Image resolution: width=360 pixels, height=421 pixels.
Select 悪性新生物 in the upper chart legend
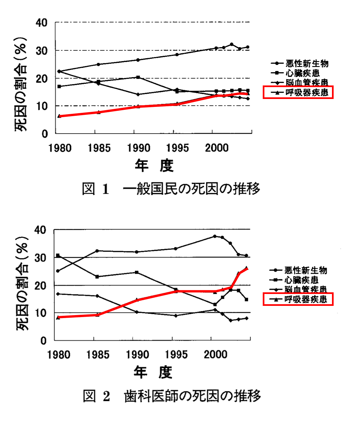tap(307, 63)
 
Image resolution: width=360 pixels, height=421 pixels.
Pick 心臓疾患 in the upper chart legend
tap(302, 73)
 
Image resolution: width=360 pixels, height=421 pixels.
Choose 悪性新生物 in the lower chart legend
tap(306, 270)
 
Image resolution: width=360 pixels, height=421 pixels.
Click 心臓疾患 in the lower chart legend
tap(301, 280)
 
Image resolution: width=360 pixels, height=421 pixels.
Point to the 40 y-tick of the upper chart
tap(42, 23)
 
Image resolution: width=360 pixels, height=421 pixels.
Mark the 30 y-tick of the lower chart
tap(41, 258)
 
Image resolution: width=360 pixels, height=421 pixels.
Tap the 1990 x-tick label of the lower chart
tap(137, 354)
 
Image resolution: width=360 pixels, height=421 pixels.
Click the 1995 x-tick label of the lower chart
tap(176, 354)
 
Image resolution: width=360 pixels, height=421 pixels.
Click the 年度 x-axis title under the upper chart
tap(154, 166)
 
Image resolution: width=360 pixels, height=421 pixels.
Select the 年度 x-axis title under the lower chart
tap(153, 372)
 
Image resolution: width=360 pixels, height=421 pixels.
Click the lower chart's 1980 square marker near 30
tap(58, 255)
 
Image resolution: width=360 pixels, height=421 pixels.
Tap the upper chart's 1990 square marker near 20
tap(138, 77)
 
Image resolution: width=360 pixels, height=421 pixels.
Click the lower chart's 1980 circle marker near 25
tap(58, 271)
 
